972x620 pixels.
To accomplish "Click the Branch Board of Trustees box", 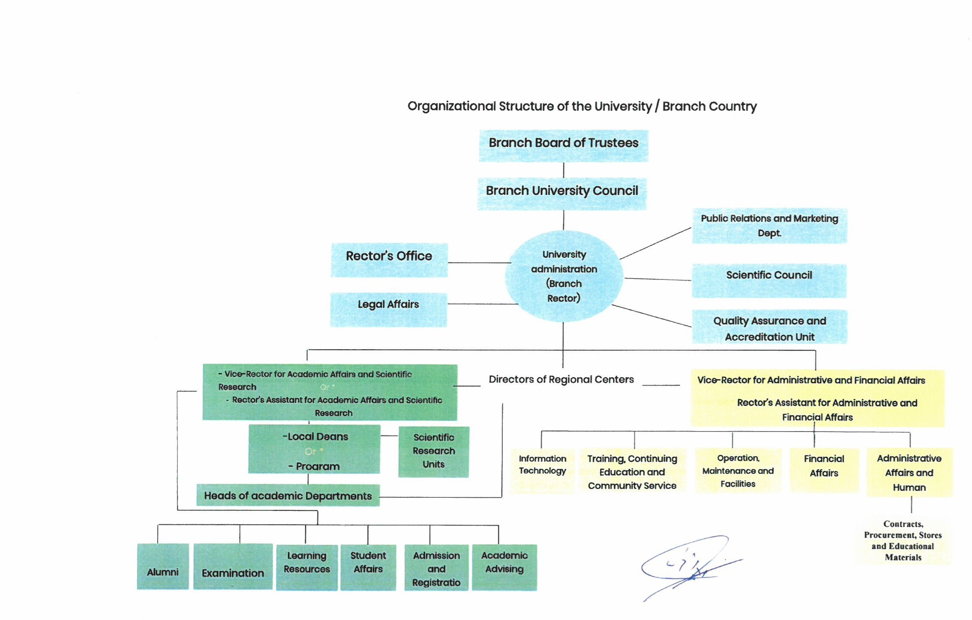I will point(563,146).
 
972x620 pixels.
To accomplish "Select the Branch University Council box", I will point(562,193).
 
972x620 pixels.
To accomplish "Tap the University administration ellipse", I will point(564,276).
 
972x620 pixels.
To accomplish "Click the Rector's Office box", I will point(389,260).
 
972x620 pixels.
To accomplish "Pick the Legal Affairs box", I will point(388,309).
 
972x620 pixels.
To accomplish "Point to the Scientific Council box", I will point(769,280).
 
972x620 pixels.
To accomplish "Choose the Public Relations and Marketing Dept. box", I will point(769,226).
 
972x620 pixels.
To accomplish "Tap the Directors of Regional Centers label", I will point(561,380).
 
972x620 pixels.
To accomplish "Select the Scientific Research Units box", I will point(433,451).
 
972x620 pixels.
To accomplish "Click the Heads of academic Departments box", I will point(288,495).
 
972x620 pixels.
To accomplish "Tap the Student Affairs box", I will point(368,567).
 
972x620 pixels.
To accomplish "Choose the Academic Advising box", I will point(504,567).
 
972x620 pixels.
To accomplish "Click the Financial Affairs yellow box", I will point(824,469).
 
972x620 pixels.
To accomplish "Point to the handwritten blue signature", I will point(688,565).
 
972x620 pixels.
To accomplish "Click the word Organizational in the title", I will point(451,106).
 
